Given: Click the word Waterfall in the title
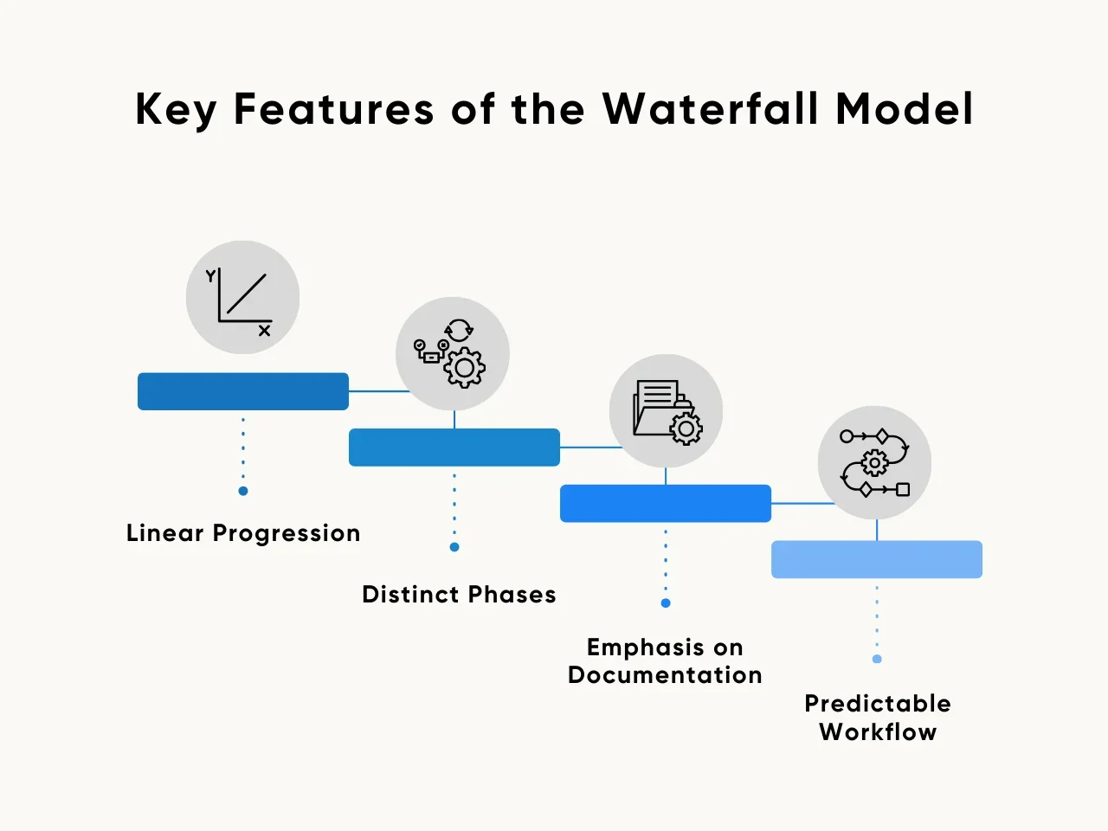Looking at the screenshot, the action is [x=709, y=108].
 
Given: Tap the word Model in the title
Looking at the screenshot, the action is [x=904, y=108].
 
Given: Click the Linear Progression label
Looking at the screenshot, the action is [x=243, y=533].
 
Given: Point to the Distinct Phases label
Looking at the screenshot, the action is [x=459, y=594].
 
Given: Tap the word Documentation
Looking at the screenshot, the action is [x=665, y=674].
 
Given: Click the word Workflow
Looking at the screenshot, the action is [x=878, y=731].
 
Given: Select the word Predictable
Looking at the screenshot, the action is [x=878, y=704].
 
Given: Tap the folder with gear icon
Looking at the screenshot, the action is [x=667, y=412].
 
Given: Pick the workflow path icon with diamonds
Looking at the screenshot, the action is [x=875, y=462].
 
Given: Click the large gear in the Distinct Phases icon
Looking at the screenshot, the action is [x=464, y=368].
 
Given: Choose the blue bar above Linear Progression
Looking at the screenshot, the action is [x=242, y=391].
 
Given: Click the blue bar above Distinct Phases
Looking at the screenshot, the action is [x=454, y=448].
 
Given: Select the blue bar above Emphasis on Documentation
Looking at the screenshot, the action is [x=666, y=504].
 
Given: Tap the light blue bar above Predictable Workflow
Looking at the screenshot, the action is [x=877, y=559].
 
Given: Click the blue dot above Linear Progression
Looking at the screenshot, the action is [x=243, y=491].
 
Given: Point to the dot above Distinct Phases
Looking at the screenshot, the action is [x=454, y=547].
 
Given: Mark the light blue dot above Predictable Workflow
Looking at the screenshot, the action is [x=878, y=659].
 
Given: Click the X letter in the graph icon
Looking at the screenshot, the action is [x=264, y=331].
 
